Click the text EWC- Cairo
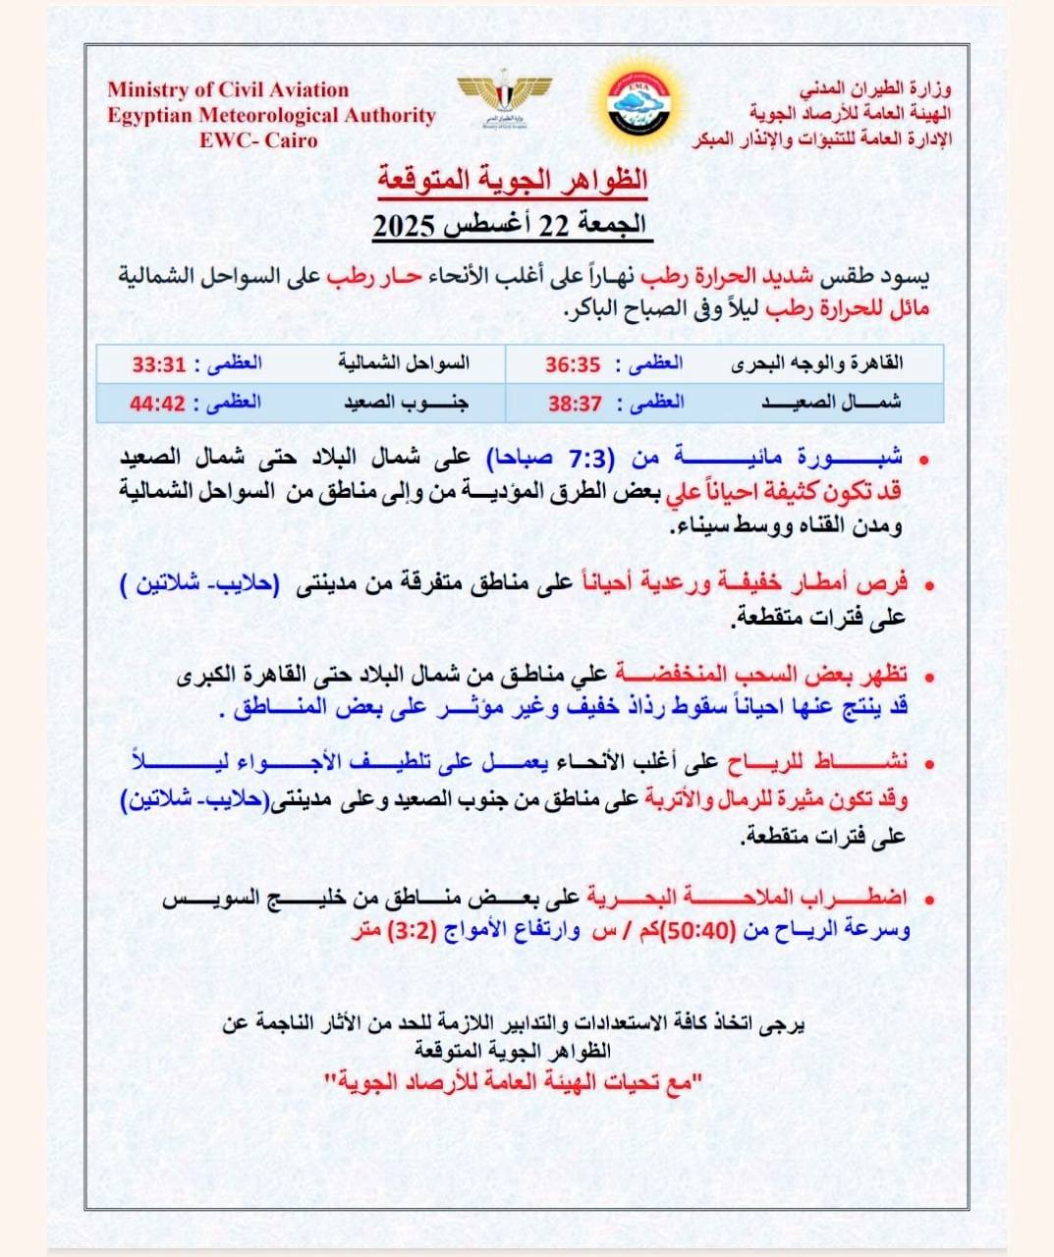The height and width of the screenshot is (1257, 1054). pos(258,140)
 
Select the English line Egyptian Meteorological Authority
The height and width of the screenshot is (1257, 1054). pos(271,115)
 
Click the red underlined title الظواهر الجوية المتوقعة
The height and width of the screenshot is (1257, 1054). pos(512,180)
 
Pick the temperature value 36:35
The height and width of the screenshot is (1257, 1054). pos(573,364)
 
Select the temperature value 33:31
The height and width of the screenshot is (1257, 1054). pos(159,364)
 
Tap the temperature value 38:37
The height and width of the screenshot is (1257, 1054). pos(576,403)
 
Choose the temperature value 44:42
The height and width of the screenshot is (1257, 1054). pos(158,403)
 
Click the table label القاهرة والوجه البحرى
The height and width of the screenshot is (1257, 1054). pos(817,363)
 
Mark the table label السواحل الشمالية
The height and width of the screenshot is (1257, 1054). pos(404,363)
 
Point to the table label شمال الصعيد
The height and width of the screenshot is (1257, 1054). pos(831,403)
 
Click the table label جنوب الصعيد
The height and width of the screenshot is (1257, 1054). pos(406,403)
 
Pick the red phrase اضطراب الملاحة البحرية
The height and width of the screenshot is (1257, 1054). pos(748,898)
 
